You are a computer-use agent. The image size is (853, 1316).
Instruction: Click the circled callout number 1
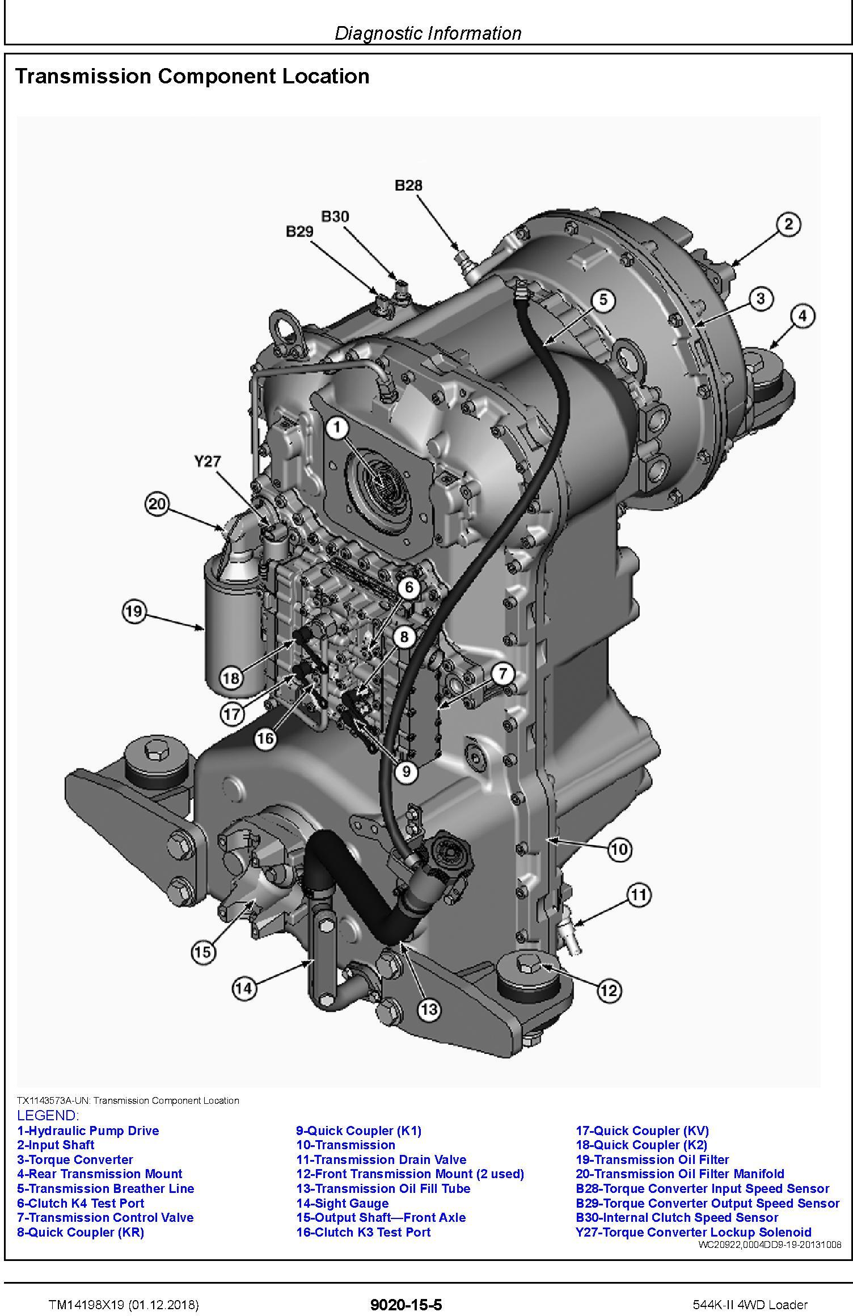[337, 429]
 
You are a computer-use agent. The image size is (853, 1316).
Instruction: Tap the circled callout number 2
[788, 224]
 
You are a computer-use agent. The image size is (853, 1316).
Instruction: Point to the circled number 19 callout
[134, 611]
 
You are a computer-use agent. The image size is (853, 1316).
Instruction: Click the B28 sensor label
[408, 185]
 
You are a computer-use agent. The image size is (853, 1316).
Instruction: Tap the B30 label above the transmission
[335, 216]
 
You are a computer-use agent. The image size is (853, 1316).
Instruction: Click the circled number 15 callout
[203, 952]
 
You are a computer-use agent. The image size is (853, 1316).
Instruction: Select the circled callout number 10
[619, 849]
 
